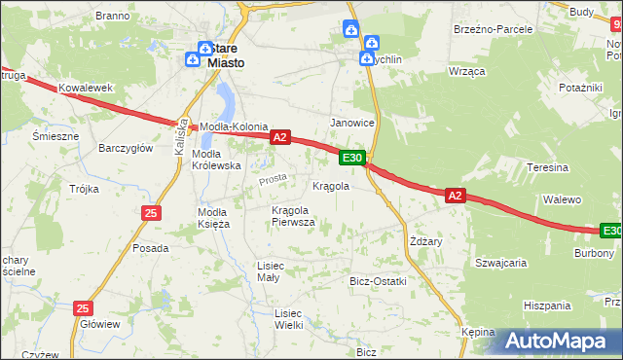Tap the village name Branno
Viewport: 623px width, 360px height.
(113, 16)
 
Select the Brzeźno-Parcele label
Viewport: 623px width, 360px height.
(493, 29)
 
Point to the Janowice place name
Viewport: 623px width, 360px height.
(352, 123)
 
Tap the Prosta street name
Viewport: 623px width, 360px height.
(273, 180)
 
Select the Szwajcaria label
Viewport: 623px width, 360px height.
(500, 263)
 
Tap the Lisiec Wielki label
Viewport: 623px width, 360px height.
(288, 319)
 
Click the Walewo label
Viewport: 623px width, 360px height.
(562, 199)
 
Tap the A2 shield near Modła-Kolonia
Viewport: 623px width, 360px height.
(279, 137)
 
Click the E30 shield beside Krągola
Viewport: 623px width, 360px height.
(352, 158)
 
